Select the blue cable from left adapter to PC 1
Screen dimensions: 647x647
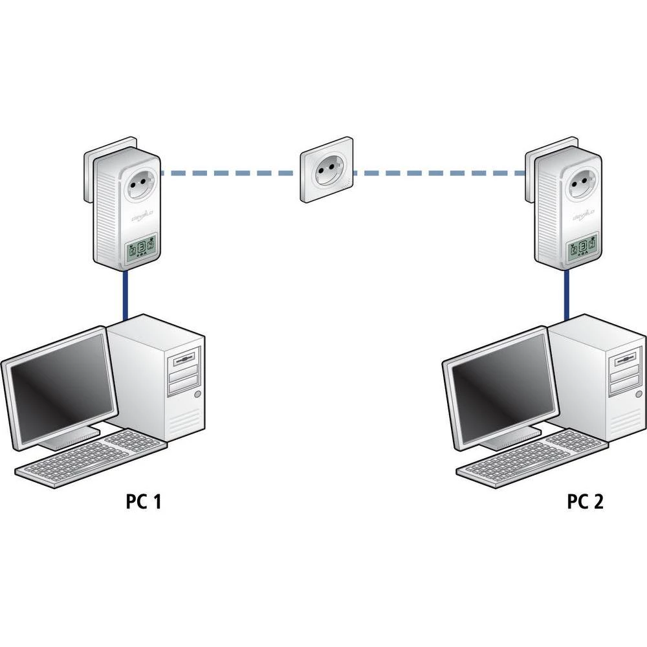click(124, 294)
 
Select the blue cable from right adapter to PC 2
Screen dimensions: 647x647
click(567, 294)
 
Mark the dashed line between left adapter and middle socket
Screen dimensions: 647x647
click(230, 173)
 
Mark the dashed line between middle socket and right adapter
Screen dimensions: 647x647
click(440, 173)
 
